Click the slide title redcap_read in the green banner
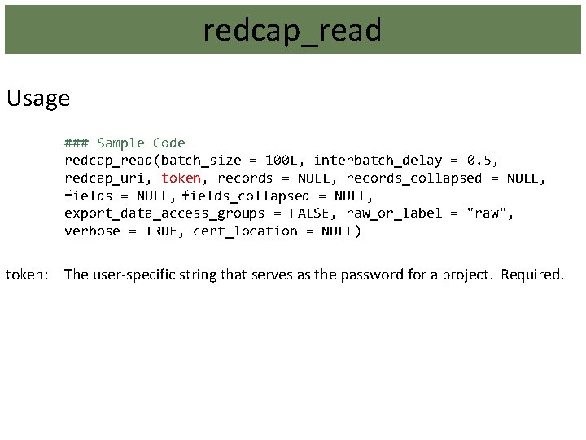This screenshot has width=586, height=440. click(x=292, y=31)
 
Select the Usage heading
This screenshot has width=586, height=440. click(x=37, y=99)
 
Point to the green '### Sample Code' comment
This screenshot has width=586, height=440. click(x=125, y=143)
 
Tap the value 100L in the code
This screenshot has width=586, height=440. click(x=282, y=161)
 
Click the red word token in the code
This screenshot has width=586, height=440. click(x=181, y=178)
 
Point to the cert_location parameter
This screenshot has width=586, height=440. click(x=245, y=231)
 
